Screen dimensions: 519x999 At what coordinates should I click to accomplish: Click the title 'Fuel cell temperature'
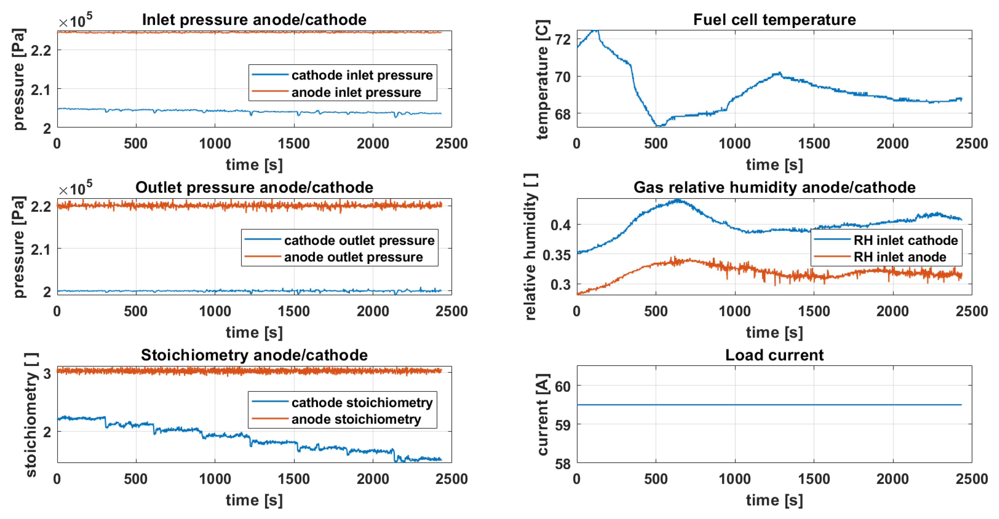[774, 20]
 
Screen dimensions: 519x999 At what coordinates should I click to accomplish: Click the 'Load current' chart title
[774, 355]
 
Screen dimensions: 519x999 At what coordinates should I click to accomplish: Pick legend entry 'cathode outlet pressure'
[359, 241]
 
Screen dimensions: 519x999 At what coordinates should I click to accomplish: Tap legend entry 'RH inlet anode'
[900, 257]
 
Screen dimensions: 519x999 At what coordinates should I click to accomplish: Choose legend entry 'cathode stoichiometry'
[362, 403]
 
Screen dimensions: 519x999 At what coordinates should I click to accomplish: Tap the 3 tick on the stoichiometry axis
[47, 373]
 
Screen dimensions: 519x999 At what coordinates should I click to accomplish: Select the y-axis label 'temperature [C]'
[542, 80]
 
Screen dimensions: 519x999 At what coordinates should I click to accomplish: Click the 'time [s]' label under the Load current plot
[774, 500]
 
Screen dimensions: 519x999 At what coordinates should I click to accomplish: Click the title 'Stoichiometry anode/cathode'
[254, 355]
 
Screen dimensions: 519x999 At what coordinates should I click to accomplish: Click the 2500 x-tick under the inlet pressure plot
[451, 144]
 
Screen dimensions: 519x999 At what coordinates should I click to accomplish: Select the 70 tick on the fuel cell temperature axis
[563, 77]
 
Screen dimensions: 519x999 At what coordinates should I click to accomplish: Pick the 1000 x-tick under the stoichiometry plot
[215, 479]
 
